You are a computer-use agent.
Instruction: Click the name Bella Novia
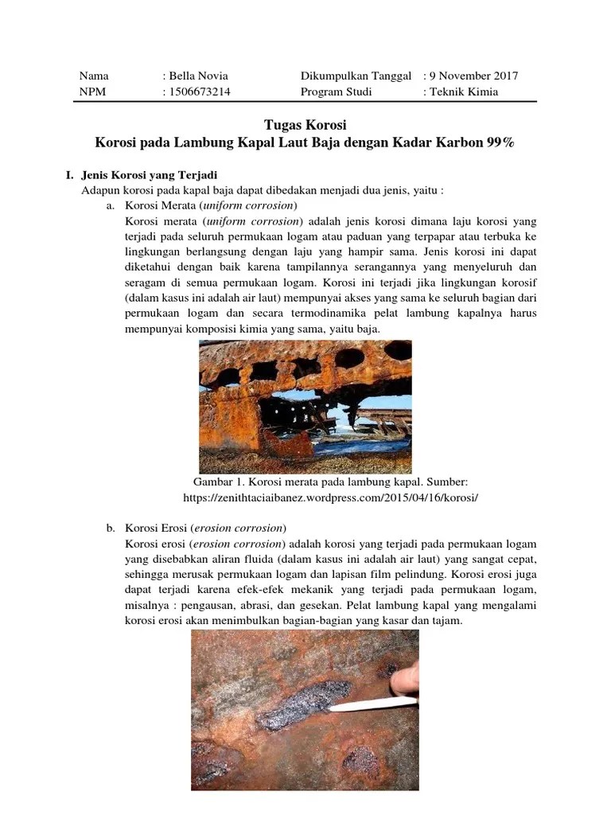coord(197,76)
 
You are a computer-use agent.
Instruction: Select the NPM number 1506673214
coord(199,92)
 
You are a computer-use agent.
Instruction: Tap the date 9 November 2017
coord(473,76)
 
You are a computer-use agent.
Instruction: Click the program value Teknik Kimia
coord(464,92)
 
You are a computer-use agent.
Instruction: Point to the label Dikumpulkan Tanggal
coord(356,76)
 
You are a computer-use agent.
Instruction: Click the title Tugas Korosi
coord(305,127)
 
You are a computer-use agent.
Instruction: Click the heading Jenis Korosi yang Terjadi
coord(150,175)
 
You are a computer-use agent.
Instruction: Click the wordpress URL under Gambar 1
coord(331,497)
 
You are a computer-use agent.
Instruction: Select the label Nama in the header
coord(94,76)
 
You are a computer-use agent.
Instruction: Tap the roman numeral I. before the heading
coord(70,175)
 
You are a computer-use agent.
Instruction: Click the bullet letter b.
coord(111,528)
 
